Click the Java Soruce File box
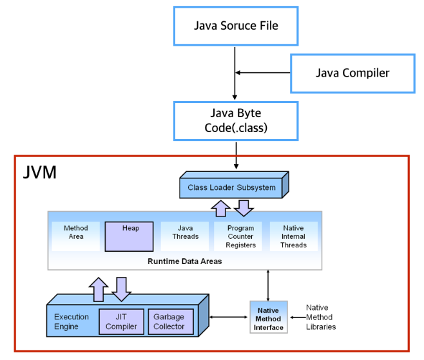pyautogui.click(x=236, y=26)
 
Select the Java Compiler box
pyautogui.click(x=352, y=73)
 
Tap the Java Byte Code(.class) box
pyautogui.click(x=236, y=120)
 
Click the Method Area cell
pyautogui.click(x=75, y=232)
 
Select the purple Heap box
pyautogui.click(x=130, y=236)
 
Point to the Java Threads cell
pyautogui.click(x=185, y=232)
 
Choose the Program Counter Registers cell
pyautogui.click(x=240, y=236)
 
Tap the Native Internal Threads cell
pyautogui.click(x=294, y=236)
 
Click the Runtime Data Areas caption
pyautogui.click(x=184, y=261)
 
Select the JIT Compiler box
pyautogui.click(x=121, y=321)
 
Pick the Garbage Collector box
pyautogui.click(x=169, y=321)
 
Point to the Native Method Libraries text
pyautogui.click(x=321, y=317)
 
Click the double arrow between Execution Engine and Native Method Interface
pyautogui.click(x=230, y=316)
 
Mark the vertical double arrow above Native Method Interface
pyautogui.click(x=267, y=284)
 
